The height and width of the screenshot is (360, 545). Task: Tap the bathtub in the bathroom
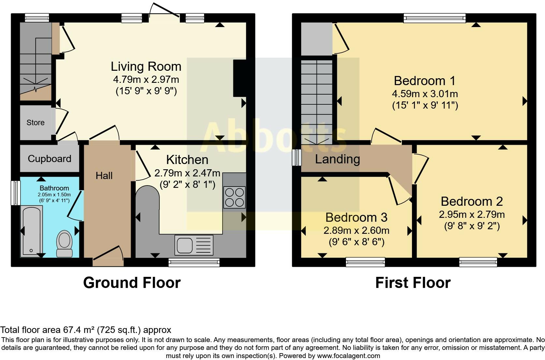31,231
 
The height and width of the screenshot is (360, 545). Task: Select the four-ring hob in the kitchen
234,197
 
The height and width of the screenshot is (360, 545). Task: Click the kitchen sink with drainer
194,245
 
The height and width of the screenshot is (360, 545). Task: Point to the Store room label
36,123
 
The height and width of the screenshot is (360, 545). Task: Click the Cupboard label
50,159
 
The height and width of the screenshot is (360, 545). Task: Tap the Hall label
104,176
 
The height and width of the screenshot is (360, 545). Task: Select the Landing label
337,159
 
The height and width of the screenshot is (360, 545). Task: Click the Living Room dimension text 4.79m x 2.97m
146,79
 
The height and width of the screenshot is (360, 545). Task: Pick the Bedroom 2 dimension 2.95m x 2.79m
472,215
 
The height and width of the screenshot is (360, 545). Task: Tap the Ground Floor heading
132,283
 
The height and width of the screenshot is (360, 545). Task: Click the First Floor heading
413,283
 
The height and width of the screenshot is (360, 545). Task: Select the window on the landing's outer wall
296,157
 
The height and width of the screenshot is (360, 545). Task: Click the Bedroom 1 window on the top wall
435,18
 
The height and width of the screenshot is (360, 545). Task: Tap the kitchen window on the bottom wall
194,262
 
